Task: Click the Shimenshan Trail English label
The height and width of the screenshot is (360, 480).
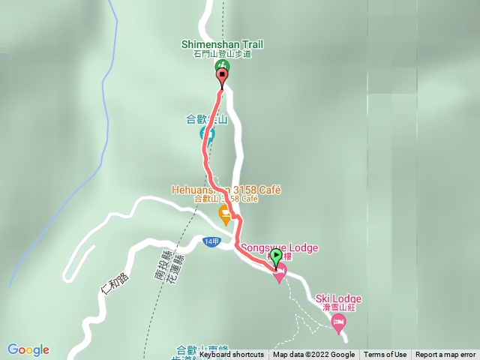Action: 223,45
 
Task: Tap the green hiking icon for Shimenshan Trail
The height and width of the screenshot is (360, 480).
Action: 223,67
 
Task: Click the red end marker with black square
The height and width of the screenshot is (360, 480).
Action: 222,76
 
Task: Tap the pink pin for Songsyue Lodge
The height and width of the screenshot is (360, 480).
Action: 280,275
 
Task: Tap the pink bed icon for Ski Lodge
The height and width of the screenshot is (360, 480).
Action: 338,322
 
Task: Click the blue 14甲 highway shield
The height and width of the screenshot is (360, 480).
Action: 211,241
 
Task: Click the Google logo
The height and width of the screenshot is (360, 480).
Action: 28,349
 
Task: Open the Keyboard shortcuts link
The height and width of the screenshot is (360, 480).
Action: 231,355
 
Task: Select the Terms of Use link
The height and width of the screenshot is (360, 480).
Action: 385,355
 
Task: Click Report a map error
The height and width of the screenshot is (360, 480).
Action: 445,355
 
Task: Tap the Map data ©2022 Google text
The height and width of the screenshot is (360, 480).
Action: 313,355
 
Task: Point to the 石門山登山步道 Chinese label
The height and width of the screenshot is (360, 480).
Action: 223,54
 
